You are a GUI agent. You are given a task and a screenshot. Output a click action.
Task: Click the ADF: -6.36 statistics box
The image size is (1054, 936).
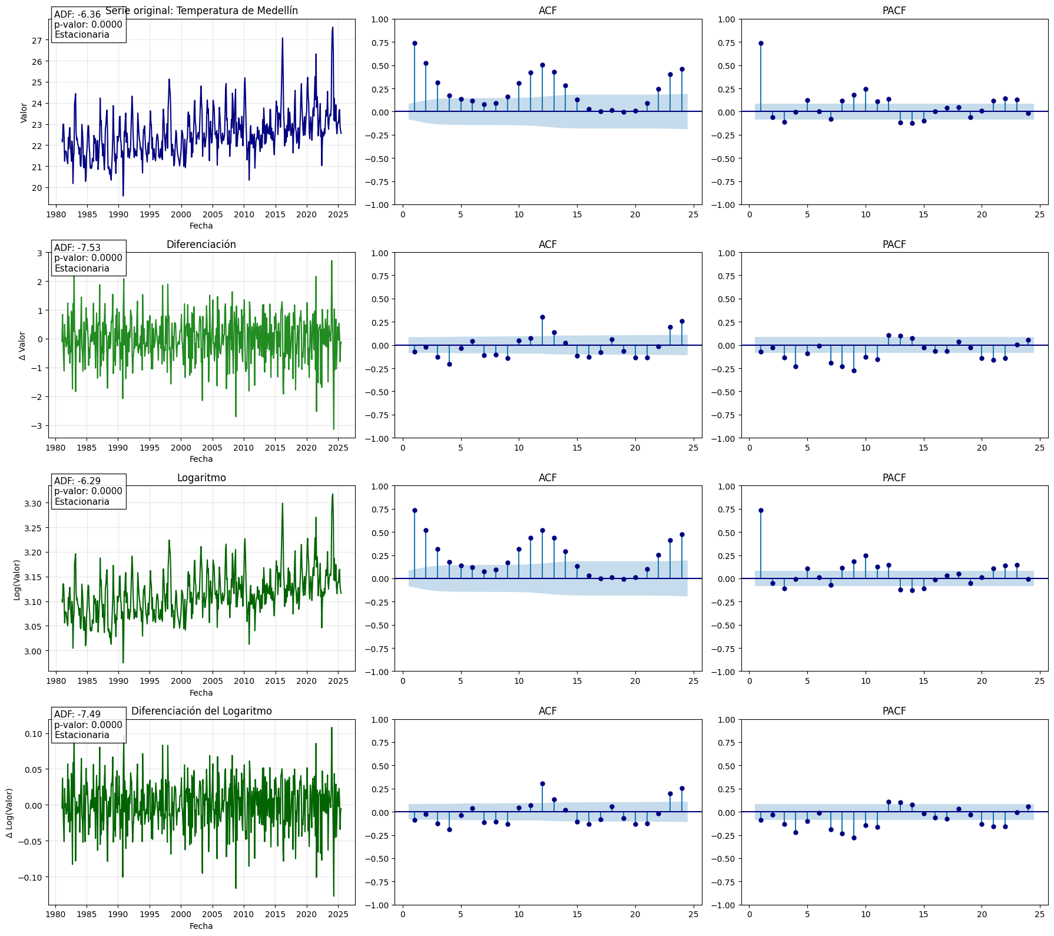(88, 25)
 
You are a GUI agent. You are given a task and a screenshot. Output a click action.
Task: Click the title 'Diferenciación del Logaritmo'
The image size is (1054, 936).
(201, 711)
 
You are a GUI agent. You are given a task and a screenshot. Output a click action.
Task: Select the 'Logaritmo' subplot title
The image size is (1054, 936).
(201, 478)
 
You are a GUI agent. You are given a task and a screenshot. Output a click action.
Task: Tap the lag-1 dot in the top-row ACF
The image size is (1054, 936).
(415, 43)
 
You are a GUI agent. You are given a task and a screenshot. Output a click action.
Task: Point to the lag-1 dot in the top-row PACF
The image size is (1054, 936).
(761, 43)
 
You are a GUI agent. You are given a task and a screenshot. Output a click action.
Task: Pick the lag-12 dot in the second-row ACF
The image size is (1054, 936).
(542, 317)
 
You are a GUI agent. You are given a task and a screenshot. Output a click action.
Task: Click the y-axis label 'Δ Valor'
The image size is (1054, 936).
(22, 346)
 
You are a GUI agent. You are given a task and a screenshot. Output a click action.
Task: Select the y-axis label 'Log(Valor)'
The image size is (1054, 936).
(17, 580)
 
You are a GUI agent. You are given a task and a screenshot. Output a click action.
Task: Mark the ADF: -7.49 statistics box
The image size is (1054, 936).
(88, 725)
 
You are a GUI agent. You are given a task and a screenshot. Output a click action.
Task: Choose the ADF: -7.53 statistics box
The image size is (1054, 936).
(88, 258)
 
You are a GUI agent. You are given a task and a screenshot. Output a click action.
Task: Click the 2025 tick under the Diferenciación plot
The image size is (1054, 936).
(338, 448)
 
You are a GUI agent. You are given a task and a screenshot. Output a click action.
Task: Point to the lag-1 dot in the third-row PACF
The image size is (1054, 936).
(761, 510)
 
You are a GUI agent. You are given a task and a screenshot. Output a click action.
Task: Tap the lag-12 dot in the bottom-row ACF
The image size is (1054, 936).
(542, 783)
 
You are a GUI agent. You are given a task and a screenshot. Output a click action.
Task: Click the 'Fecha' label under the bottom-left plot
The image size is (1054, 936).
(201, 926)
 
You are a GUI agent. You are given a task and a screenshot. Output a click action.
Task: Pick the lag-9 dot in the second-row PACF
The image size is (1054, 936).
(854, 371)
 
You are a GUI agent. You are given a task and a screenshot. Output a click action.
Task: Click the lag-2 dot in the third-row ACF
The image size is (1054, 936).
(426, 530)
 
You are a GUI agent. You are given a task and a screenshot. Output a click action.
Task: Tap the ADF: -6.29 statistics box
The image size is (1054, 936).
(88, 491)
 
